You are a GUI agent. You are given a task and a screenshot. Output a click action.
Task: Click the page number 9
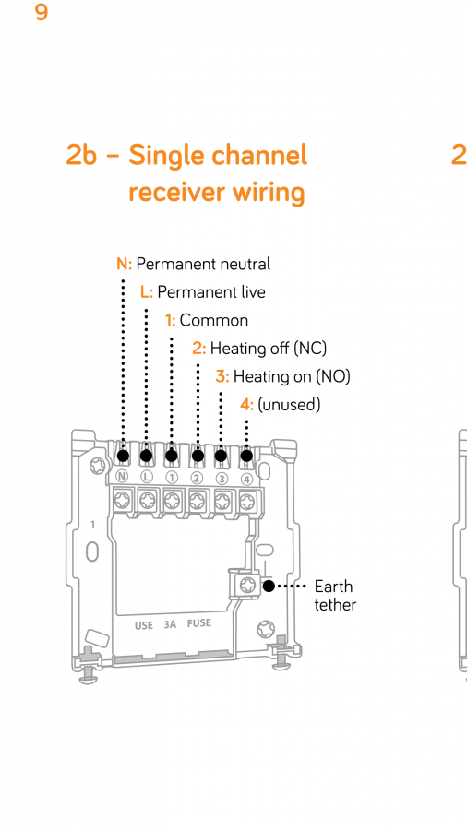click(x=42, y=12)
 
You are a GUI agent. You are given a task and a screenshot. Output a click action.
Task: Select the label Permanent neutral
click(x=203, y=264)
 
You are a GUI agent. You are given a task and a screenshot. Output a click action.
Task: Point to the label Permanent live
click(x=211, y=291)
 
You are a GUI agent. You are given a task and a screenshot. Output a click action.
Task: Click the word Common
click(x=213, y=320)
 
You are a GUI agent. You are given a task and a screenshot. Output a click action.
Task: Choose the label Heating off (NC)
click(x=269, y=349)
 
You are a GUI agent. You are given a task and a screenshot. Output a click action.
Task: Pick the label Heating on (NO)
click(x=292, y=376)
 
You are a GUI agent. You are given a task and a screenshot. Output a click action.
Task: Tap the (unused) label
click(x=289, y=405)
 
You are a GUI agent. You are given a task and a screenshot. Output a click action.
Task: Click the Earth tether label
click(x=335, y=596)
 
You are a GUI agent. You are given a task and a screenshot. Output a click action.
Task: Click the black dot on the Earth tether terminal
click(x=269, y=586)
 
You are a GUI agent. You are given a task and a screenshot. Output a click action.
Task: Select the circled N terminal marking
click(x=123, y=477)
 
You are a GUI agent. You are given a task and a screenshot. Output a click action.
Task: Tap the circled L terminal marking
click(x=146, y=477)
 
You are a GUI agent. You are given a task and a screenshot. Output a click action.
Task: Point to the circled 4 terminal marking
click(x=246, y=479)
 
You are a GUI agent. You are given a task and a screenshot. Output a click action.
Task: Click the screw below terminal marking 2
click(x=197, y=499)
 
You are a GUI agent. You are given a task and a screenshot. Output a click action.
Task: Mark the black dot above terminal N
click(x=123, y=456)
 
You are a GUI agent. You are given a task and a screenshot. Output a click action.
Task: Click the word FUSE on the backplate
click(x=199, y=623)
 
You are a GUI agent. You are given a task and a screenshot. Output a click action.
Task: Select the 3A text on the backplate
click(x=170, y=624)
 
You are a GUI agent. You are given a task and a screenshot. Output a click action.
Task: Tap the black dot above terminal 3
click(x=221, y=456)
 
